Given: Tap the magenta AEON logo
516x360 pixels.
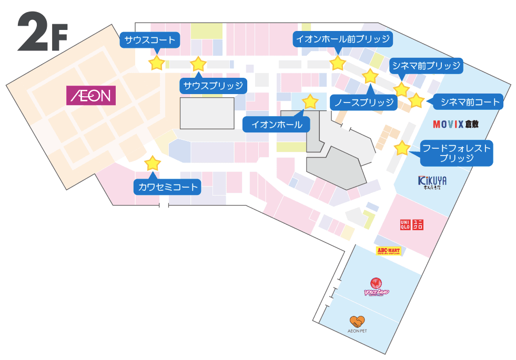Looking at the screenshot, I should click(x=90, y=96).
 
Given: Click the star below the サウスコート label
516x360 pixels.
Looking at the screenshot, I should click(x=156, y=64).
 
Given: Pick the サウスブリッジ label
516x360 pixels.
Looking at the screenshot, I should click(x=213, y=86).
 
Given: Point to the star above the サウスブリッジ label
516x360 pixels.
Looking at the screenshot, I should click(x=198, y=64).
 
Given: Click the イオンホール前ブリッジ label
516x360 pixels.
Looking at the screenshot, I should click(x=342, y=39).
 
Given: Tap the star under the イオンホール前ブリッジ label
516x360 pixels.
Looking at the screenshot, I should click(x=337, y=64).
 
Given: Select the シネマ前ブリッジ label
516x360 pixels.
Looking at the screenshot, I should click(x=426, y=66).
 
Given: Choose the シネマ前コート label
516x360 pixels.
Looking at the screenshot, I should click(x=470, y=101).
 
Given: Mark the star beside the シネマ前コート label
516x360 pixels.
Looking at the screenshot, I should click(x=416, y=100).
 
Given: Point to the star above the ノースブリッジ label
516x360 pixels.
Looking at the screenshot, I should click(x=370, y=76).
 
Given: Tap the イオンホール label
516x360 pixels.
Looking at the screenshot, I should click(x=277, y=125).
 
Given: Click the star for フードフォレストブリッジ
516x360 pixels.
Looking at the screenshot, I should click(x=402, y=148).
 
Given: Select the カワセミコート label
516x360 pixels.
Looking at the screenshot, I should click(x=168, y=187).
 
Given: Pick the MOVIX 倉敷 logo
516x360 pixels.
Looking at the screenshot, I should click(x=456, y=125).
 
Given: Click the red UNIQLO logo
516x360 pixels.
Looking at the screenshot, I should click(x=412, y=224).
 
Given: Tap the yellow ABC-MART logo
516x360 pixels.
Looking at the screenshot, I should click(x=389, y=251).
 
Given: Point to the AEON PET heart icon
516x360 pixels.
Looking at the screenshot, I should click(x=357, y=321).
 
